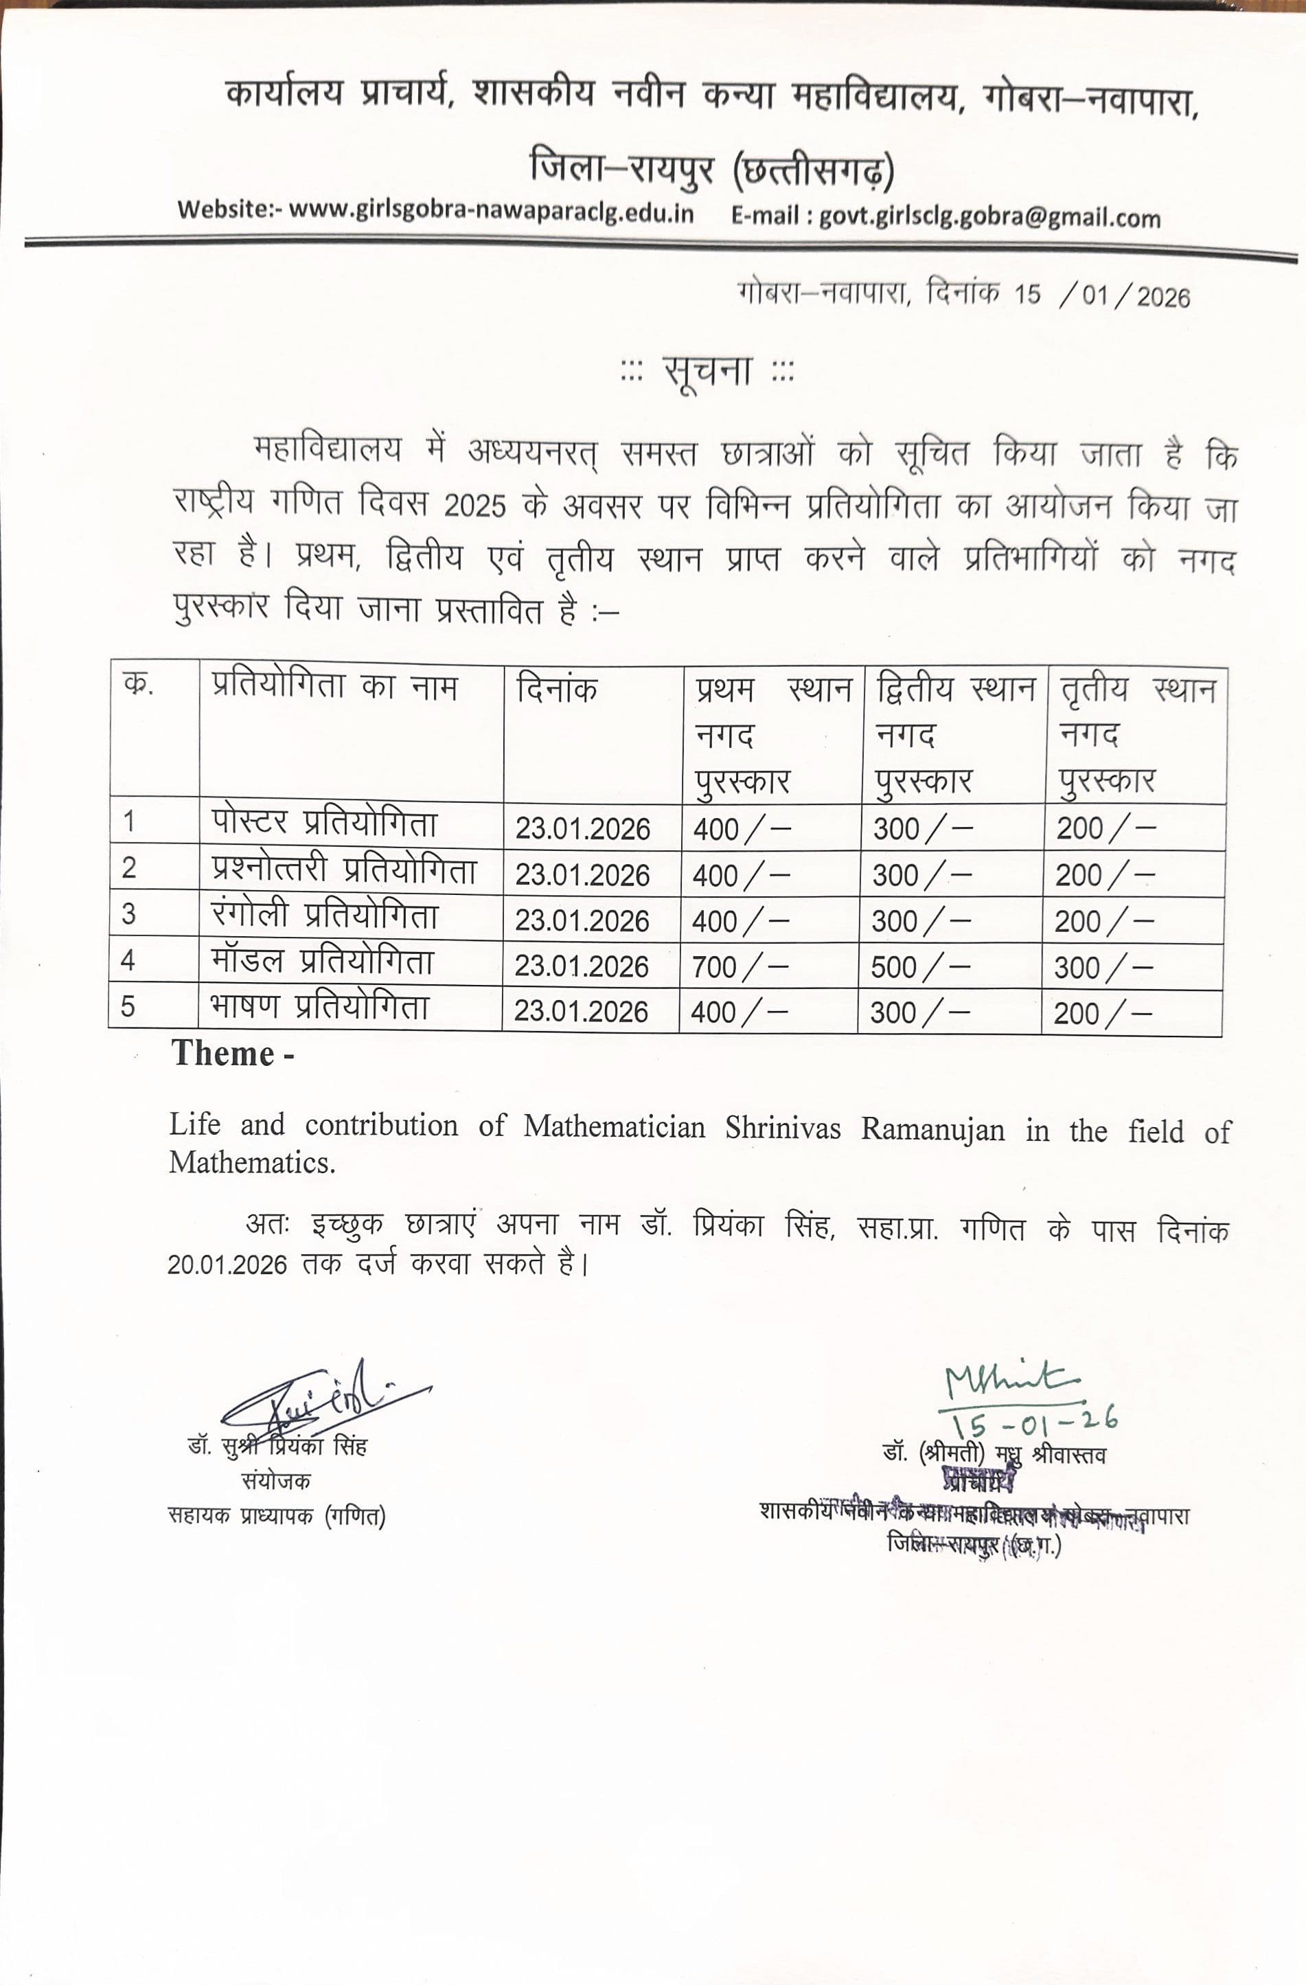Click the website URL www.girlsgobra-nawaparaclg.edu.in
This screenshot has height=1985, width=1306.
click(x=490, y=211)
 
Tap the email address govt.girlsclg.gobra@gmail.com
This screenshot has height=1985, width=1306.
click(x=989, y=217)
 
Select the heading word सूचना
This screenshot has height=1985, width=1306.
click(x=707, y=371)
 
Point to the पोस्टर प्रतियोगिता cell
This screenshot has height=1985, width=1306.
click(x=324, y=823)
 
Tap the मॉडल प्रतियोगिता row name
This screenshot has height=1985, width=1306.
click(x=322, y=962)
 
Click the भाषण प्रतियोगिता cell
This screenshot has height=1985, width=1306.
click(x=319, y=1008)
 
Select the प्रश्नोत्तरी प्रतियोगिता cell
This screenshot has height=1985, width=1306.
click(x=343, y=870)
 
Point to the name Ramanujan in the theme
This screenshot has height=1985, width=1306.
click(x=932, y=1129)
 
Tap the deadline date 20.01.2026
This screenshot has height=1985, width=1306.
click(x=227, y=1265)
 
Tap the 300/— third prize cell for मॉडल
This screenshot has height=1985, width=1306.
click(x=1103, y=968)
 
